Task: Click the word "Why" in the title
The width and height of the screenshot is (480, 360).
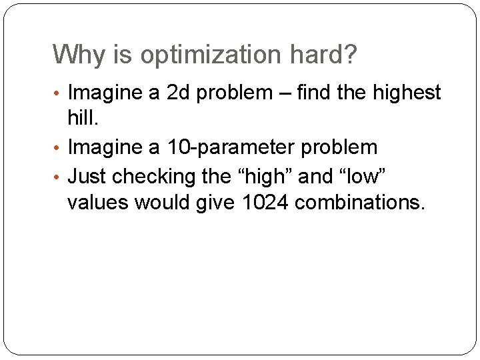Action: (73, 55)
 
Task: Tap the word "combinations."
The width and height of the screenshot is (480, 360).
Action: (359, 203)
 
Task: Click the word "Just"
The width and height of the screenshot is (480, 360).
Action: (87, 176)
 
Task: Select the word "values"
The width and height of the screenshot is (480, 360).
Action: (98, 202)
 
